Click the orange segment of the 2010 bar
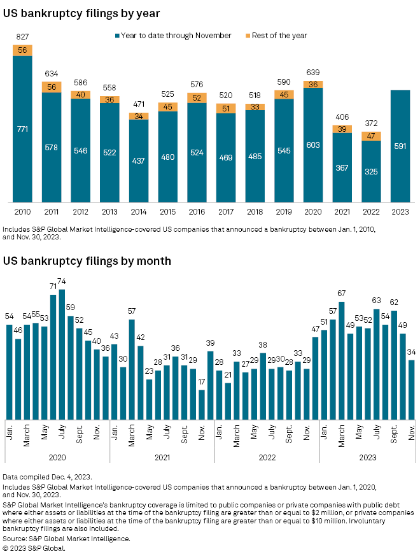(22, 50)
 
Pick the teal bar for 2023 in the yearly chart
(400, 145)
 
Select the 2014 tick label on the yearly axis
(138, 211)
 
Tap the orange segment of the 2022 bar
(370, 136)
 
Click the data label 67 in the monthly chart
(342, 294)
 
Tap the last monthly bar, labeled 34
(411, 388)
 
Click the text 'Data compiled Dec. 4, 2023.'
(48, 477)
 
